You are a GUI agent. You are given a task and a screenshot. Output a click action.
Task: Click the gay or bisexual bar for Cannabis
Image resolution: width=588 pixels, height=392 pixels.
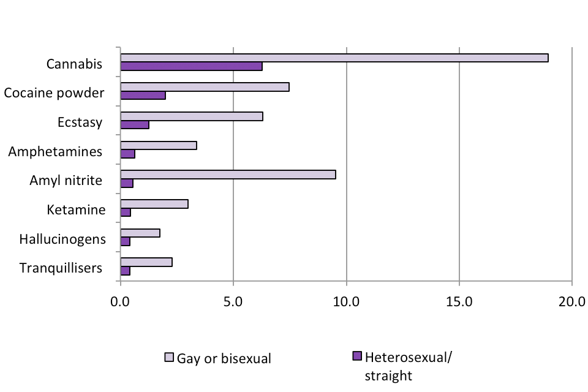coord(334,58)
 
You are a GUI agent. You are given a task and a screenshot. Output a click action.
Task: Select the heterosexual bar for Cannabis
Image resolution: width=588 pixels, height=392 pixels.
coord(191,66)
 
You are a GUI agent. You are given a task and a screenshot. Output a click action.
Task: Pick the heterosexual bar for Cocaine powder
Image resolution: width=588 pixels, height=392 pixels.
coord(143,96)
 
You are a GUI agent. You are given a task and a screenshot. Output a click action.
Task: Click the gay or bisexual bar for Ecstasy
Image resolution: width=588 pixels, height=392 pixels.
coord(192,116)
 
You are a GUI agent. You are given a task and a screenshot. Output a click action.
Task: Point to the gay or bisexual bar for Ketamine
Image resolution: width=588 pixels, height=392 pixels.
coord(154,203)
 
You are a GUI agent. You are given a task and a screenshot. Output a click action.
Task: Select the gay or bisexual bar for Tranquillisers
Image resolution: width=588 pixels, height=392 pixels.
coord(146,262)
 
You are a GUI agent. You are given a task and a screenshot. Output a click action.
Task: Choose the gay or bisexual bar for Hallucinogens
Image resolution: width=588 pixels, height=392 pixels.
coord(140,233)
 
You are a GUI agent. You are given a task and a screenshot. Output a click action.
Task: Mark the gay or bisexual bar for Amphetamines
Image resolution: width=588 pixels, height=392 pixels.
coord(158,145)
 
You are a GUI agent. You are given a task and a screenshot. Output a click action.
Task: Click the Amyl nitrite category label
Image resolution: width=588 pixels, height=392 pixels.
coord(66,181)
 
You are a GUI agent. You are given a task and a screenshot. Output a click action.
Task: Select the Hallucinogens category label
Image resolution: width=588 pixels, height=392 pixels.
coord(62,239)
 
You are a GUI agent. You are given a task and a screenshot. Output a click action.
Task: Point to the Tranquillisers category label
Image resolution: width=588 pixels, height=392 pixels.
coord(61,268)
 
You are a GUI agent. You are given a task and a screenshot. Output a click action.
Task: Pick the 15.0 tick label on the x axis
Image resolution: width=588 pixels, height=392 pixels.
coord(459,301)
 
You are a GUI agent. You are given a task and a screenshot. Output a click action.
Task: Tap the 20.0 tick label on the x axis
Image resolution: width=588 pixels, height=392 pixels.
coord(571,301)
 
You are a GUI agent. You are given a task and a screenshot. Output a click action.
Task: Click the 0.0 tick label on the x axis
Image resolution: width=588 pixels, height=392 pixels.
coord(121,301)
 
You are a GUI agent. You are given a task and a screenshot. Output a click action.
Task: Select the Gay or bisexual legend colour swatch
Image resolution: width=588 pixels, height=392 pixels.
coord(170,356)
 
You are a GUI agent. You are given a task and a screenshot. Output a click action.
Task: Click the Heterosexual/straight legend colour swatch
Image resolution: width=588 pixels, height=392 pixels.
coord(358,356)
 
